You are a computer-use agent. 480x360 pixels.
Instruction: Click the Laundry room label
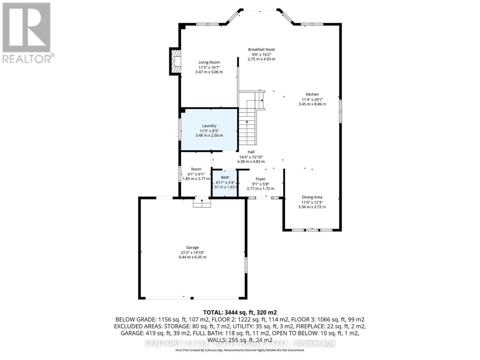click(x=209, y=126)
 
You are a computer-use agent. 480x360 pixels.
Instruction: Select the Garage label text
click(x=193, y=247)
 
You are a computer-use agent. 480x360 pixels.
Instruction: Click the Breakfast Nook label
click(x=261, y=49)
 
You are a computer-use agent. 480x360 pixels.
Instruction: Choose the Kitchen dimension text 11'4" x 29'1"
click(x=312, y=99)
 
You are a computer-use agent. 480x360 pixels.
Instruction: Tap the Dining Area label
click(x=312, y=197)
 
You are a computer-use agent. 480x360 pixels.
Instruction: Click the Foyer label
click(x=260, y=179)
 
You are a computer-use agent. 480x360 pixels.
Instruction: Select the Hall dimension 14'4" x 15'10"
click(x=251, y=157)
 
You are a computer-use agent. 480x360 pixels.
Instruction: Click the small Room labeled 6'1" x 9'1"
click(x=196, y=174)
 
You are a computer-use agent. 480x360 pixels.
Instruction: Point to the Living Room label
click(x=209, y=62)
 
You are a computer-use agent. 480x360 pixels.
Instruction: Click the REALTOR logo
click(x=27, y=33)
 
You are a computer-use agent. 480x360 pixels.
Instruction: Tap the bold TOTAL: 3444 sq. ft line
click(x=240, y=313)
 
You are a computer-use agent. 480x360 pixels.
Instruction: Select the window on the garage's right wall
click(x=246, y=265)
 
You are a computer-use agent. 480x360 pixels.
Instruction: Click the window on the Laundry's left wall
click(x=180, y=129)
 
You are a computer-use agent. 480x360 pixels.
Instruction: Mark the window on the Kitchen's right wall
click(x=340, y=111)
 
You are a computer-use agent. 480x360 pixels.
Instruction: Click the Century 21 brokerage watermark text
click(x=240, y=343)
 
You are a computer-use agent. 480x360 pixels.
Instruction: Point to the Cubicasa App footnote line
click(x=240, y=350)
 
